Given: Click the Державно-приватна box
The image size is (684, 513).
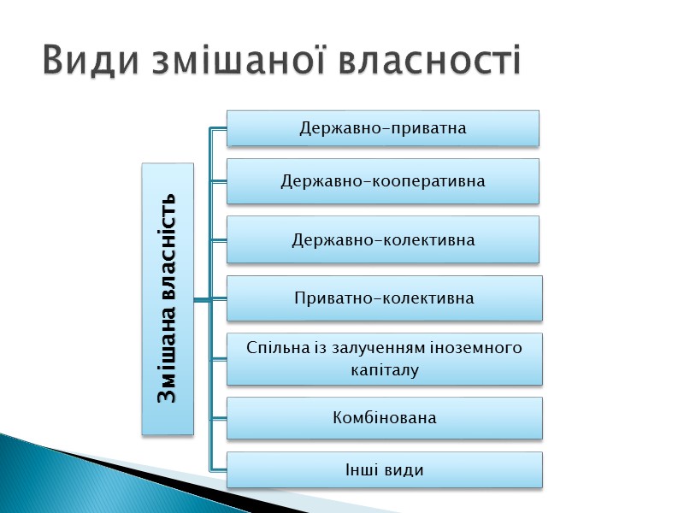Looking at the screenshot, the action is (x=382, y=128).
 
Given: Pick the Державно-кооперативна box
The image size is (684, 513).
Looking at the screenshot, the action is (x=382, y=181).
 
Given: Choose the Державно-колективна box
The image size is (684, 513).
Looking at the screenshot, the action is (x=382, y=239).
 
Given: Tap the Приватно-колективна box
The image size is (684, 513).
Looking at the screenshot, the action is (x=384, y=298).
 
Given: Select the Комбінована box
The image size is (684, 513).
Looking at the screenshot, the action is (x=384, y=418).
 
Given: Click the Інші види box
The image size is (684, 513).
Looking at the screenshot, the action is (x=384, y=470).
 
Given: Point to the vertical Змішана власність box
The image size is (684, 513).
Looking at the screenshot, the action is (x=168, y=298).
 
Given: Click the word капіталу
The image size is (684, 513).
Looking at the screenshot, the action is (x=384, y=370).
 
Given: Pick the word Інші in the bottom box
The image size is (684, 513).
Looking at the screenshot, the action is (x=362, y=470).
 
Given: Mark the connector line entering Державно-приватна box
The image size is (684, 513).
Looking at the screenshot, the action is (x=218, y=129).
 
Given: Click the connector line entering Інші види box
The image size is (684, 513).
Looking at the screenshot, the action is (x=218, y=470).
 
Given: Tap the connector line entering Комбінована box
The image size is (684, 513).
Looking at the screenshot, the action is (x=218, y=418).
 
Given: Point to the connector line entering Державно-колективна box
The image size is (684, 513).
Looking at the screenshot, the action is (x=218, y=239).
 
